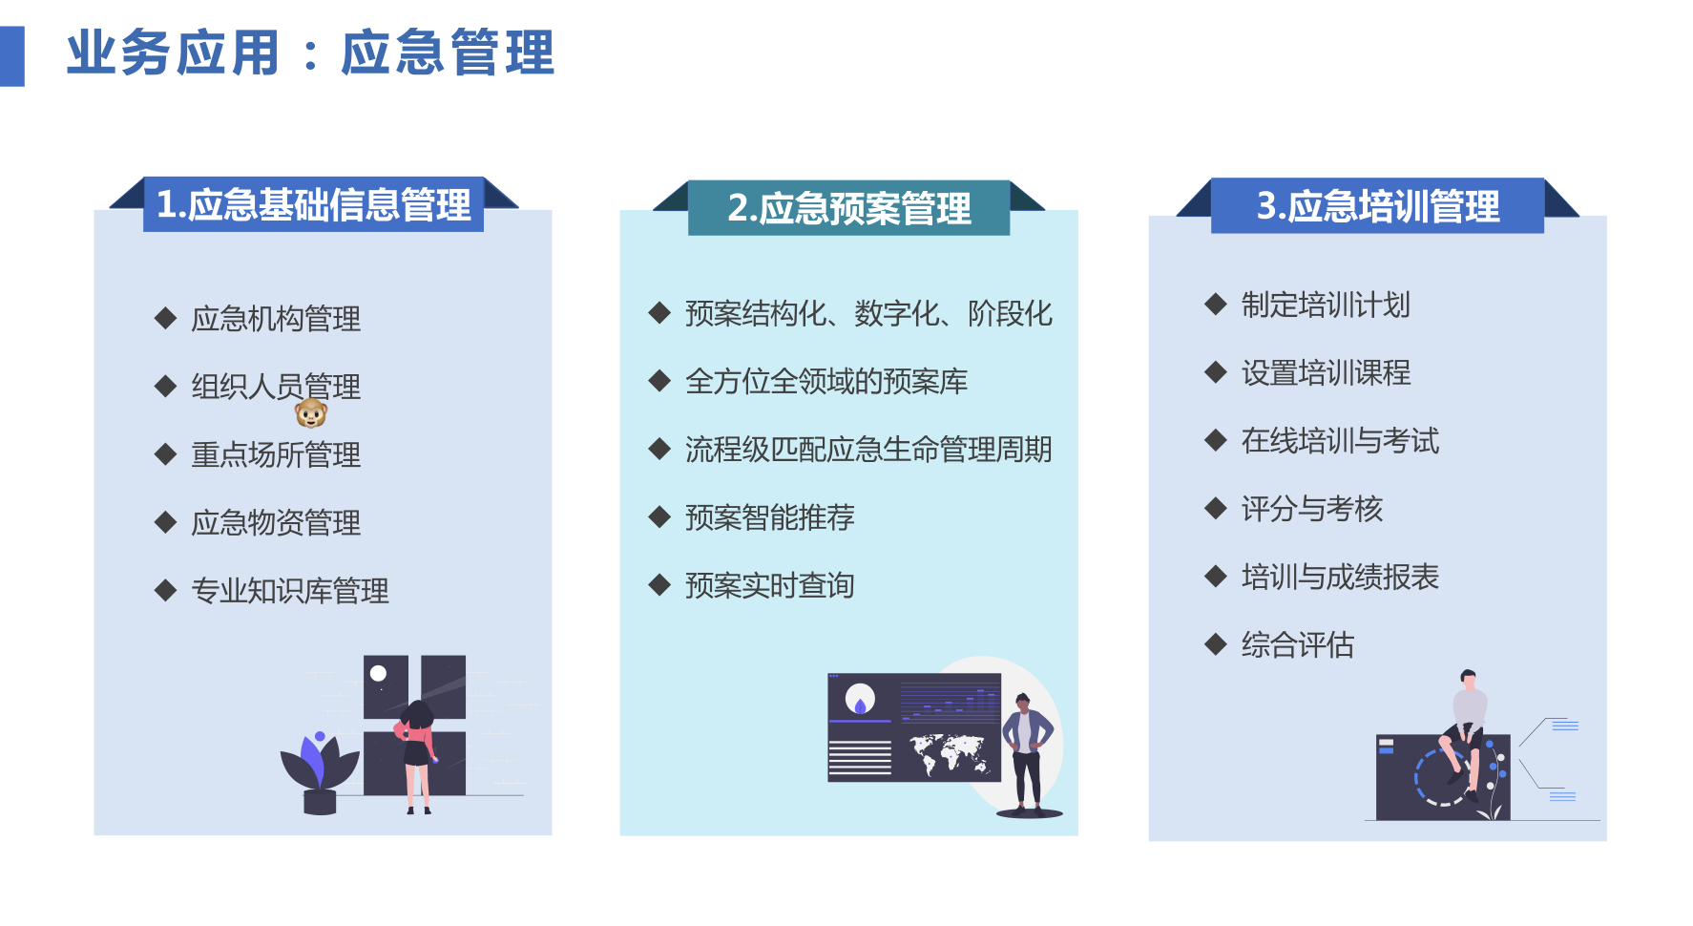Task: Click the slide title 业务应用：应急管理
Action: pos(310,53)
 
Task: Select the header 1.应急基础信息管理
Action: pos(313,205)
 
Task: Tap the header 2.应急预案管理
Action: pos(848,208)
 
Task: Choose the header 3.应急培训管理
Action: pos(1377,206)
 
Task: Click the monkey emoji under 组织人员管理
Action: pos(311,413)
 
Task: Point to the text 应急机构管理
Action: pos(276,319)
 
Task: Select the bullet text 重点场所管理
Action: pos(276,454)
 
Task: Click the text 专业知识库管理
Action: pos(290,591)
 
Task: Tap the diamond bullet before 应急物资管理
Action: pos(166,522)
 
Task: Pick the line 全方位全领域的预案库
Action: pos(826,382)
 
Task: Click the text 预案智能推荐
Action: pos(769,517)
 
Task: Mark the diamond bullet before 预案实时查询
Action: pos(659,585)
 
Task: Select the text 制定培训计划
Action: pos(1325,305)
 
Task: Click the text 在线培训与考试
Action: pos(1339,441)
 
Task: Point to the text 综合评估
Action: pos(1297,645)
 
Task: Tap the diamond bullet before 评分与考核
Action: pos(1215,509)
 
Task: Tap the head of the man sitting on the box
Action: pos(1468,679)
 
